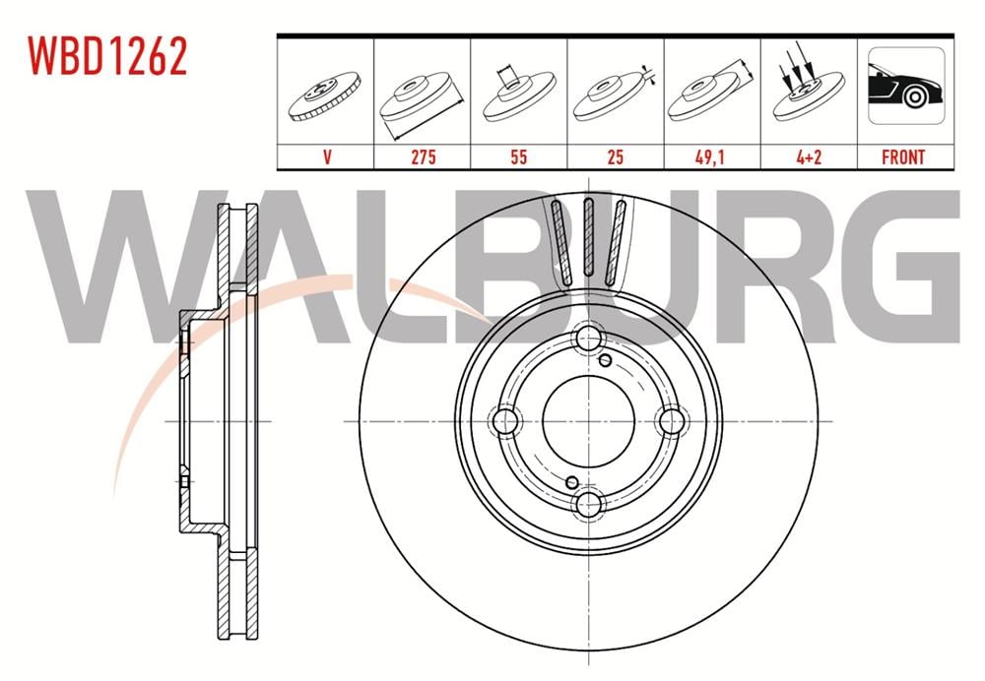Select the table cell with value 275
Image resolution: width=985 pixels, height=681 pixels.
[x=423, y=156]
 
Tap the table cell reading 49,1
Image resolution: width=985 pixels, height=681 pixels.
[x=711, y=156]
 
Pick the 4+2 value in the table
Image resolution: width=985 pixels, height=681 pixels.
[x=808, y=156]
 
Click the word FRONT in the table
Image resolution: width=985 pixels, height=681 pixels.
[x=903, y=156]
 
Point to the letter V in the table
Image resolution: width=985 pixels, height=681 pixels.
[x=326, y=156]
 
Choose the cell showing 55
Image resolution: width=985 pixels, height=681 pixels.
[x=518, y=156]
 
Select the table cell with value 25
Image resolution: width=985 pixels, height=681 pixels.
[x=615, y=156]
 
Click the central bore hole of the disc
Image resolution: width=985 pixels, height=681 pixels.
[x=588, y=421]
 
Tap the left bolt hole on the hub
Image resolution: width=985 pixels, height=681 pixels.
[x=506, y=421]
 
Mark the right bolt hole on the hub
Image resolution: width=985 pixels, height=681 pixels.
[x=671, y=421]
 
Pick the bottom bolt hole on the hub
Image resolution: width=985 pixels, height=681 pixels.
[x=588, y=504]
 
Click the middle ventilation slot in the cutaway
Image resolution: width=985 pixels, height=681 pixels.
[x=588, y=236]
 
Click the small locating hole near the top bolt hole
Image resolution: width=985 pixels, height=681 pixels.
[x=606, y=360]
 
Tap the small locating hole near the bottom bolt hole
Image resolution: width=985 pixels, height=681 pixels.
[x=571, y=482]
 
